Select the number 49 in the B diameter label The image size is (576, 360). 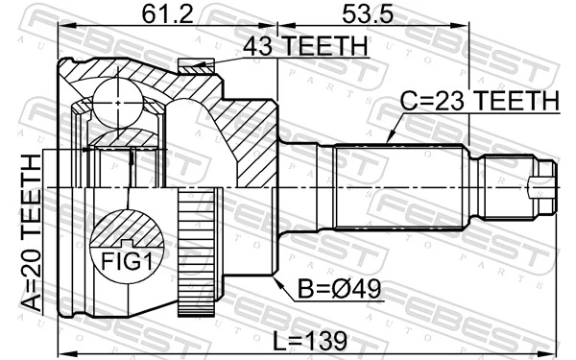[x=360, y=287]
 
